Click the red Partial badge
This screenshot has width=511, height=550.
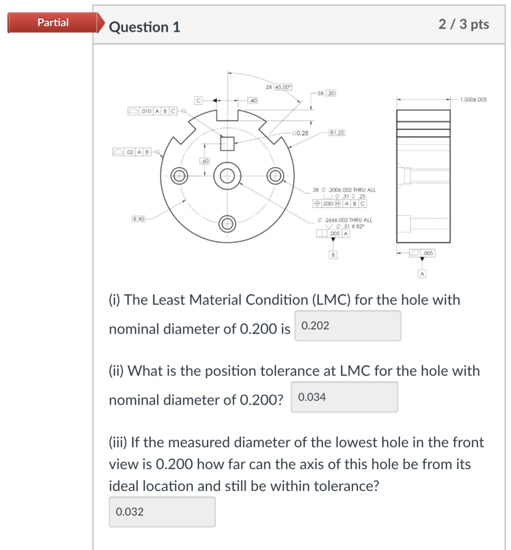(53, 23)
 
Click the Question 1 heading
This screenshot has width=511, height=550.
(144, 27)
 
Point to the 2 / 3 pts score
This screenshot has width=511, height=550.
(464, 24)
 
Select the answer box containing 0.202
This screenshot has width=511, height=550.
(348, 326)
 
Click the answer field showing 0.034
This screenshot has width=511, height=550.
(344, 397)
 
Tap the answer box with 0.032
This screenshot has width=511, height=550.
(162, 512)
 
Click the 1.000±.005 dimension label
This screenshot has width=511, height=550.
(473, 100)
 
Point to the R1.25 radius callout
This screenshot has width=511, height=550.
(337, 132)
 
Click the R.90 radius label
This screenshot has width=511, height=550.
(138, 219)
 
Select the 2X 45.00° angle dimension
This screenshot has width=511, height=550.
(279, 87)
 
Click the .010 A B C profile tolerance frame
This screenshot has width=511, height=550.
(152, 111)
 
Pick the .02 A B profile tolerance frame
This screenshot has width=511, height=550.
(132, 152)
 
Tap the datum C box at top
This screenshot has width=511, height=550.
(198, 100)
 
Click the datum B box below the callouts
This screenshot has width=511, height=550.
(333, 255)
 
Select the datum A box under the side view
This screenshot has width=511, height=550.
(422, 274)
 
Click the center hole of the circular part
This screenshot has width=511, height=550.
(227, 176)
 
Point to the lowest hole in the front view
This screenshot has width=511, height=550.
(227, 224)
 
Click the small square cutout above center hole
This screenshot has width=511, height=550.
(227, 143)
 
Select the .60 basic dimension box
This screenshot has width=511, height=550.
(205, 161)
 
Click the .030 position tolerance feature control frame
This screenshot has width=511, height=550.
(340, 204)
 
